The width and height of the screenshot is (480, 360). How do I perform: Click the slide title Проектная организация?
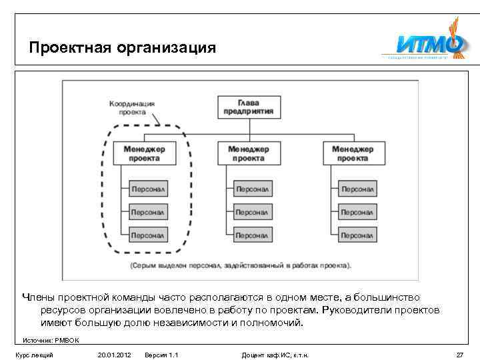point(123,48)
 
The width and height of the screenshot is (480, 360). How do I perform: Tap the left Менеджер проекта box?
point(145,153)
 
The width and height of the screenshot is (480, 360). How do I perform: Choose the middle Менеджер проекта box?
point(249,153)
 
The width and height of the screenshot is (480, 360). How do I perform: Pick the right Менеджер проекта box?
point(353,153)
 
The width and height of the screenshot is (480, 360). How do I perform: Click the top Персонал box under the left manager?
point(149,189)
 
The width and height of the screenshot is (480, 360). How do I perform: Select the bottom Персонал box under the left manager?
point(149,235)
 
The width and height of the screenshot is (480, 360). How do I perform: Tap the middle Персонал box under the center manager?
point(252,212)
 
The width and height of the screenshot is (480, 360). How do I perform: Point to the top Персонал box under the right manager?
point(357,189)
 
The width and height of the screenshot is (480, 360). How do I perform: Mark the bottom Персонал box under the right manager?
point(357,235)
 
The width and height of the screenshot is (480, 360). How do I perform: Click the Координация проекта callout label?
point(132,108)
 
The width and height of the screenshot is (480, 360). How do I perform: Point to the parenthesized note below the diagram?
point(241,265)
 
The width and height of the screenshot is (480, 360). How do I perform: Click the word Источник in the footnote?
point(37,340)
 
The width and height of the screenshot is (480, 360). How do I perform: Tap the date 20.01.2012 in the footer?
point(114,355)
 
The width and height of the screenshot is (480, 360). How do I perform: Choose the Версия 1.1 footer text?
point(161,355)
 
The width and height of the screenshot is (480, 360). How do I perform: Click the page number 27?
point(459,355)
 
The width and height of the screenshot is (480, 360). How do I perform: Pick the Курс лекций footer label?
point(34,355)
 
